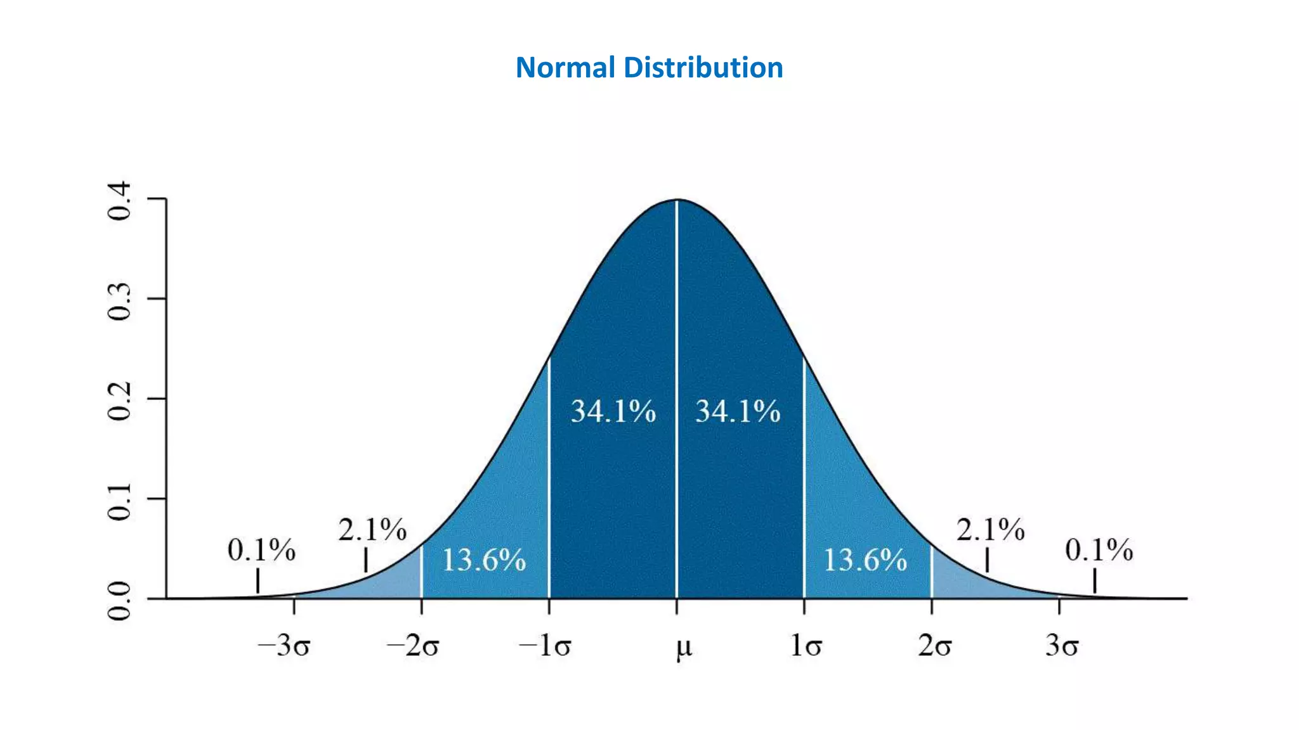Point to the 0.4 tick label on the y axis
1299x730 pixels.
120,201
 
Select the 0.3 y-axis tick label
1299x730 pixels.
120,302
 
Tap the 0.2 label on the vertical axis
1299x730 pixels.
120,401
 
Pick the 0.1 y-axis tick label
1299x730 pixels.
120,501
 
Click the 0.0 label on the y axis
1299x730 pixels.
120,601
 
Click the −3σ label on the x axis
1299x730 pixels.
284,646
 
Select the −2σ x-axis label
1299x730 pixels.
412,646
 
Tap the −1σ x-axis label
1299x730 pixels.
544,646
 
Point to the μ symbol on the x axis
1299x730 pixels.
683,648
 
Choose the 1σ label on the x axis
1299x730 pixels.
806,646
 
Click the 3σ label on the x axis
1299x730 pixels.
1062,646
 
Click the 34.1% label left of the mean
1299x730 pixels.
613,411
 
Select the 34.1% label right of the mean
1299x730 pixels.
738,411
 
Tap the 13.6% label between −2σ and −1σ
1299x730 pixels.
483,560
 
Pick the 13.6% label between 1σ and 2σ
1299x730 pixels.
865,560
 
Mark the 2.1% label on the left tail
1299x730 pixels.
372,530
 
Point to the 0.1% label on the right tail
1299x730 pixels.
1099,550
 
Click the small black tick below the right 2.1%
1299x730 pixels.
987,560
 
